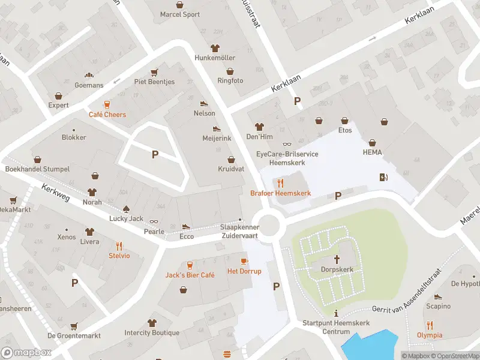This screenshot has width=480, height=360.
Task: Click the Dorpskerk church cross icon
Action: pyautogui.click(x=337, y=259)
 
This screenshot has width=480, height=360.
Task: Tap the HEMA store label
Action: pyautogui.click(x=372, y=152)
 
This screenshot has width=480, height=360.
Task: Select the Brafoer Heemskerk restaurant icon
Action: pyautogui.click(x=280, y=182)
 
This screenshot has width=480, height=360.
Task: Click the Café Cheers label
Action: pyautogui.click(x=107, y=115)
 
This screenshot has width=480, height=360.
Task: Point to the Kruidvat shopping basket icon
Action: pyautogui.click(x=231, y=160)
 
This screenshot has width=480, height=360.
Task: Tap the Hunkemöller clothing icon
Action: pyautogui.click(x=215, y=48)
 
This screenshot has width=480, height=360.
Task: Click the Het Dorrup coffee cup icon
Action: pyautogui.click(x=244, y=261)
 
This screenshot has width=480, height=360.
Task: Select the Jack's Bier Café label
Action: pyautogui.click(x=190, y=275)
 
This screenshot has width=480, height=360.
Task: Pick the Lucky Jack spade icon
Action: pyautogui.click(x=127, y=209)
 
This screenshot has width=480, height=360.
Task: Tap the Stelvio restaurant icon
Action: pyautogui.click(x=119, y=245)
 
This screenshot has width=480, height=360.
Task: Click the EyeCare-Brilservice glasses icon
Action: pyautogui.click(x=287, y=144)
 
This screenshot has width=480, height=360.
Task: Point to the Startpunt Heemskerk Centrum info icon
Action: pyautogui.click(x=336, y=313)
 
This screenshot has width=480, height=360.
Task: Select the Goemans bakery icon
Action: pyautogui.click(x=89, y=75)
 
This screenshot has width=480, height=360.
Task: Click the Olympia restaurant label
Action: pyautogui.click(x=430, y=335)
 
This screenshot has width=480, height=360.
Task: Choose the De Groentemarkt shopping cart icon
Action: pyautogui.click(x=74, y=326)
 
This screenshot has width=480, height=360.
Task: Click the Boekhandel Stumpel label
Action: pyautogui.click(x=37, y=169)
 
